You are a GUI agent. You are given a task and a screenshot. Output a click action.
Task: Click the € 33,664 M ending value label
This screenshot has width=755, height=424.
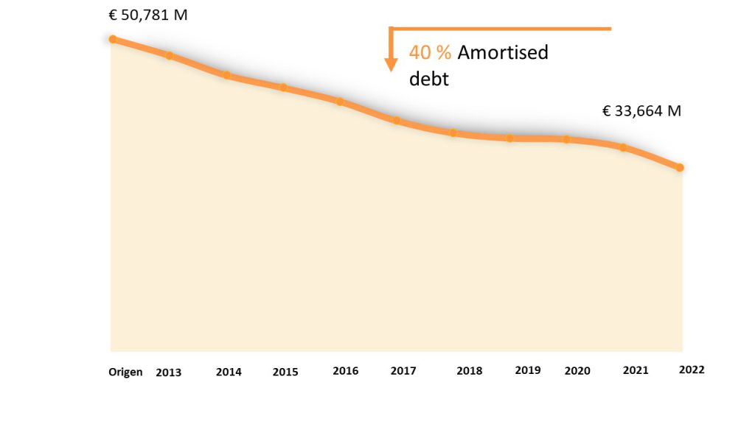pos(641,111)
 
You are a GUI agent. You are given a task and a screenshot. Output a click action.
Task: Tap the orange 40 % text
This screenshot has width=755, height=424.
pos(430,53)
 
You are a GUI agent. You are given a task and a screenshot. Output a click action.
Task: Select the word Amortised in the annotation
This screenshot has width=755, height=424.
pos(503,53)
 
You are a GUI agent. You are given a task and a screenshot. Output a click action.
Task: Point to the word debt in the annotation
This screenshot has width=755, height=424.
pos(428,79)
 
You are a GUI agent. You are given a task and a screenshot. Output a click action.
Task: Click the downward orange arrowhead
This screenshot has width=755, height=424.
pos(392,65)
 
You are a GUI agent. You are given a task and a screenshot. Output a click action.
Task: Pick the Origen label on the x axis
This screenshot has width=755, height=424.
pos(125,372)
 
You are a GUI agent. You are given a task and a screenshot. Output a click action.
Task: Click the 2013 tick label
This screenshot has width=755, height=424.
pos(168,372)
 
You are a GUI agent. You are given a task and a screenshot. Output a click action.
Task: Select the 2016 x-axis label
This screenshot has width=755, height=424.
pos(345,371)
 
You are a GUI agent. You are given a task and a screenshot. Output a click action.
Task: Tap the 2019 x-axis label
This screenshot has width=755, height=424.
pos(528,370)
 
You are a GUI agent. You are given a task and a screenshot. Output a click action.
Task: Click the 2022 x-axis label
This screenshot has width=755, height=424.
pos(692,370)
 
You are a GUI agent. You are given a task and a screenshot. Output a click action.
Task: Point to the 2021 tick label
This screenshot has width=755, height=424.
pos(636,370)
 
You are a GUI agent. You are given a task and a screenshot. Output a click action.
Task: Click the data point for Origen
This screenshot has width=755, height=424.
pos(113,39)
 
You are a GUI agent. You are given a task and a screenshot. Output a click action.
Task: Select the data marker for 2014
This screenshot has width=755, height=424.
pos(226,75)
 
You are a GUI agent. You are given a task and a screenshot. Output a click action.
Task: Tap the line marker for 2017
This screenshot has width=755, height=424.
pos(396,120)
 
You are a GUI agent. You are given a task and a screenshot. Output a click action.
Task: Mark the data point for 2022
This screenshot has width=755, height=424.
pos(680,168)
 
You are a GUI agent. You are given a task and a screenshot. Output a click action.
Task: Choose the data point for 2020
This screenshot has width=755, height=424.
pos(566,139)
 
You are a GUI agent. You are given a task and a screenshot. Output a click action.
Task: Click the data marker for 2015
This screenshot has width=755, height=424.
pos(283,88)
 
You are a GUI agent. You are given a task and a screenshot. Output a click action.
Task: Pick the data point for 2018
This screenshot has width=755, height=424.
pos(453,133)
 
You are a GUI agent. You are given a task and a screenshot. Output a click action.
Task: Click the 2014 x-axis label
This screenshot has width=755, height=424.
pos(229,372)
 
